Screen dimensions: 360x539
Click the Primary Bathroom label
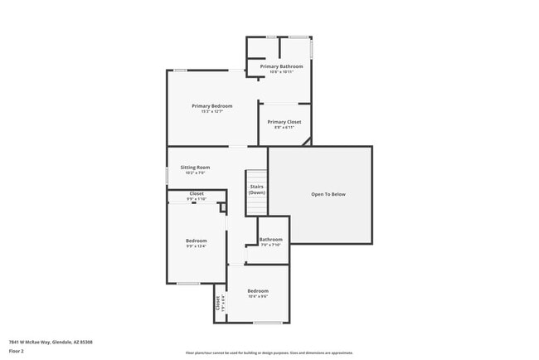tap(281, 66)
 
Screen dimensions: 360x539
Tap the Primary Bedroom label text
tap(212, 106)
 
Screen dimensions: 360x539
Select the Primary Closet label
tap(284, 122)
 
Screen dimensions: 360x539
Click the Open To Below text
tap(328, 194)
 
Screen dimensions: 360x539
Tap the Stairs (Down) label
tap(257, 190)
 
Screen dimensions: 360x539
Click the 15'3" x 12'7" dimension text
tap(212, 112)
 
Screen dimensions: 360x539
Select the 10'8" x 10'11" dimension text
tap(281, 72)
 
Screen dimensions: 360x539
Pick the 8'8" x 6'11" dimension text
tap(284, 128)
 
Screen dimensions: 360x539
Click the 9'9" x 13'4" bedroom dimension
tap(196, 246)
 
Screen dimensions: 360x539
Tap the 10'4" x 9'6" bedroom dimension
tap(258, 296)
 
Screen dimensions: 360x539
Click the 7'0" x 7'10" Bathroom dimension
tap(271, 246)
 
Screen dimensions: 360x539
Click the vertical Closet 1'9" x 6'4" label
tap(220, 304)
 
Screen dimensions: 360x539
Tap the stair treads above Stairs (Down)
tap(256, 177)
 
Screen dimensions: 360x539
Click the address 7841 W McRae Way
tap(51, 342)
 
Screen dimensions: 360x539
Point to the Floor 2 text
tap(17, 352)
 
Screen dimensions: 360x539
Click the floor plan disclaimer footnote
tap(269, 352)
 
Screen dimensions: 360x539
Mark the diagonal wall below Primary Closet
tap(306, 142)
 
